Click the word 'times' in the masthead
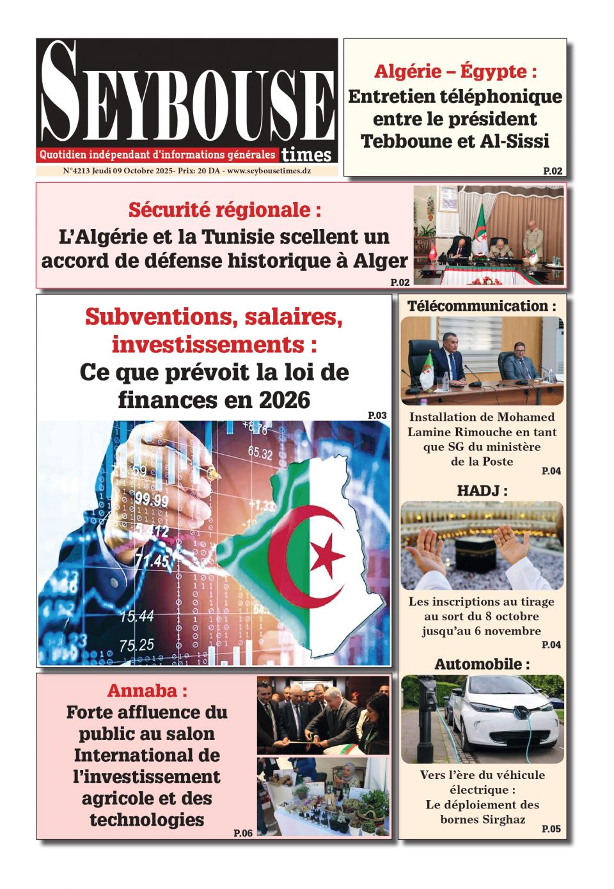coord(306,155)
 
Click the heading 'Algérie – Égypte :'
coord(455,71)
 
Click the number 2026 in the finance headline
coord(285,400)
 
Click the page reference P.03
coord(377,416)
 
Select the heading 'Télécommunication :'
coord(482,306)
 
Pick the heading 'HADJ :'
coord(482,491)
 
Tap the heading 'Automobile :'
coord(482,665)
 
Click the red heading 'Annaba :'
coord(147,691)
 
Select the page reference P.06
coord(243,833)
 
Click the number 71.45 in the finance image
coord(152,561)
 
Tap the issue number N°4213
coord(76,171)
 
